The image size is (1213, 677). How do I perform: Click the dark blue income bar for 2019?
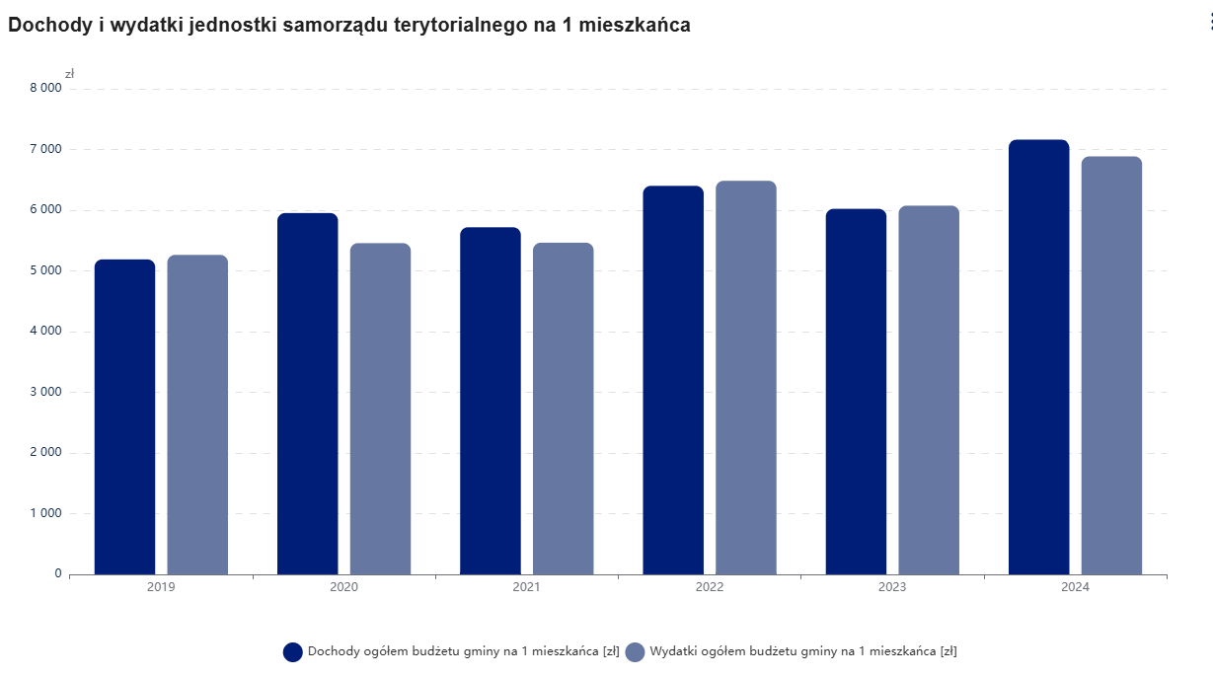point(124,416)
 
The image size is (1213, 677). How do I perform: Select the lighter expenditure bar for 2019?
point(197,414)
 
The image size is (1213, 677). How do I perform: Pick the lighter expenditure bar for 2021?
point(563,409)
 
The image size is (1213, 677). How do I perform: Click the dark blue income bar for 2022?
point(673,380)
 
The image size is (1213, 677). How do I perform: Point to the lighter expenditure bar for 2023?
point(929,390)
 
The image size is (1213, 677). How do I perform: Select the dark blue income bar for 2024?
point(1038,357)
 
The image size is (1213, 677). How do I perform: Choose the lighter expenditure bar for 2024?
point(1111,365)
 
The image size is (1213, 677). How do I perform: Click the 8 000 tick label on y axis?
point(45,88)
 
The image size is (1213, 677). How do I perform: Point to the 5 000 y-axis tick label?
point(45,270)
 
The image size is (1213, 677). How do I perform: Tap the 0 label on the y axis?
point(58,573)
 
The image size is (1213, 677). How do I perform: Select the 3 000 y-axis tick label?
point(45,392)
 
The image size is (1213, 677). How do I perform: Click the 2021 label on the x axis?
point(526,587)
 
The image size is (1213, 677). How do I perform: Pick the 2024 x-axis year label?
point(1075,587)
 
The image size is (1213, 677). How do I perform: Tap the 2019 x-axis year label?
point(161,587)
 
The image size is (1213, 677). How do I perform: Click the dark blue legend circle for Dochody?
point(292,651)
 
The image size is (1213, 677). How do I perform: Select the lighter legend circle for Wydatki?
point(635,651)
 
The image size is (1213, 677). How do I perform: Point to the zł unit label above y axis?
point(70,74)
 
